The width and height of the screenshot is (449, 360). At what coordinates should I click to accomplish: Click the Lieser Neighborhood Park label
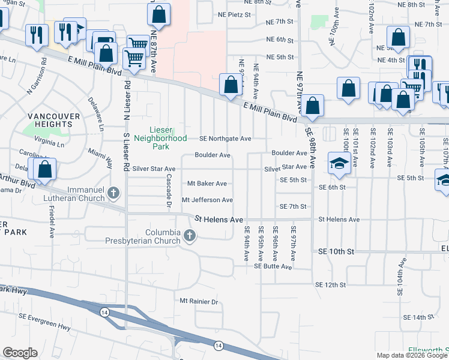tap(168, 134)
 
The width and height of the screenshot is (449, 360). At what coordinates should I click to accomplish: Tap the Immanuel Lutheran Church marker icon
tap(114, 193)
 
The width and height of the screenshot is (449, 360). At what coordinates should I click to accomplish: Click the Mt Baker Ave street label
tap(207, 184)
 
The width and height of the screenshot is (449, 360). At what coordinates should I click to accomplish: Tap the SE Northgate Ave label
tap(225, 139)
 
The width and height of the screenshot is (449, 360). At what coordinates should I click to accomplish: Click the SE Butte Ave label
tap(273, 266)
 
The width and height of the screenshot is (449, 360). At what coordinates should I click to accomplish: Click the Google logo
tap(20, 353)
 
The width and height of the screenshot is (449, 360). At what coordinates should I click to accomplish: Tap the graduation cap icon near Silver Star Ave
tap(339, 165)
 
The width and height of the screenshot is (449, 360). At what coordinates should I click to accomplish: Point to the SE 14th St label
tap(418, 317)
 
